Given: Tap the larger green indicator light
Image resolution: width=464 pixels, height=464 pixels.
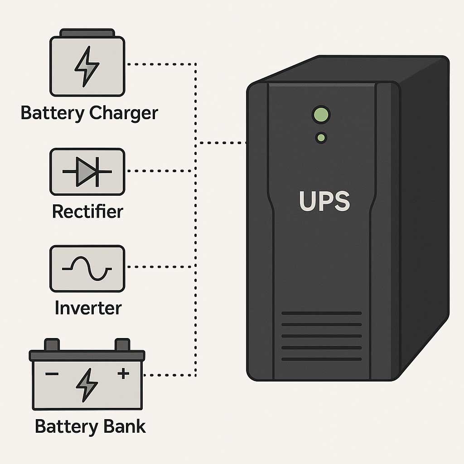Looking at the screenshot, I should [321, 114].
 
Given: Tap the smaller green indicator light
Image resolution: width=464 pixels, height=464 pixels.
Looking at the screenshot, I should [321, 137].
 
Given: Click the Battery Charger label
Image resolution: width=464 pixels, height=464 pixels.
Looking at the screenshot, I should [89, 113].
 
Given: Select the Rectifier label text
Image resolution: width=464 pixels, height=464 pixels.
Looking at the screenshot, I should [87, 211].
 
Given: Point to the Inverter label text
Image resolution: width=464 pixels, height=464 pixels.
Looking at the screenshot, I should [88, 308].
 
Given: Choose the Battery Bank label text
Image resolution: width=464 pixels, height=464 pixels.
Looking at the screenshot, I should [90, 426].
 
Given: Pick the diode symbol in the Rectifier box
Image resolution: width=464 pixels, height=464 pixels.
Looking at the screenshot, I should [86, 172].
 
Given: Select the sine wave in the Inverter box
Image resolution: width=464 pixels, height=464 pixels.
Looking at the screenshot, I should [87, 268].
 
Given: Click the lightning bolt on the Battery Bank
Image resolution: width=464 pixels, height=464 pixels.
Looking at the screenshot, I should [87, 384].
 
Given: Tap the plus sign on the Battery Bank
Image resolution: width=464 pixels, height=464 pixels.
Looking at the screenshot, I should [123, 373].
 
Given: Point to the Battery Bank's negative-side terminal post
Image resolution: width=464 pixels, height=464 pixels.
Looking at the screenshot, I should [52, 344].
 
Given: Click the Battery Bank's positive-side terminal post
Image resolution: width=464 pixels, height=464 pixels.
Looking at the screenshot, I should [122, 344].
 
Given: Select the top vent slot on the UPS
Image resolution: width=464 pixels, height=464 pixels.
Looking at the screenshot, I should [321, 313].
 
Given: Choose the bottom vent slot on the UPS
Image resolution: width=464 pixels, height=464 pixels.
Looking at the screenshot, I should [321, 359].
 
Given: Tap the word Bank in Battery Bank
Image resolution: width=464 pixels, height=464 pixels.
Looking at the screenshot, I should [124, 426].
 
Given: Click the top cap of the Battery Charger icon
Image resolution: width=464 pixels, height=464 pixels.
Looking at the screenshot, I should [87, 33].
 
